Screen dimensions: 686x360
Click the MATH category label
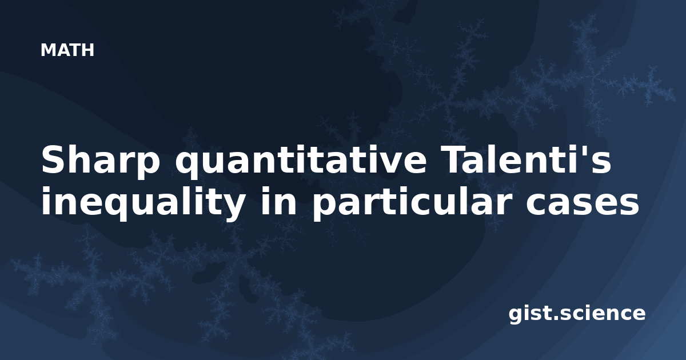coord(67,50)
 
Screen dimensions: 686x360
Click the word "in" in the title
coord(278,201)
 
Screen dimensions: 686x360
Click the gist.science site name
coord(577,314)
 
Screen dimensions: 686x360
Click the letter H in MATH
coord(87,50)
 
